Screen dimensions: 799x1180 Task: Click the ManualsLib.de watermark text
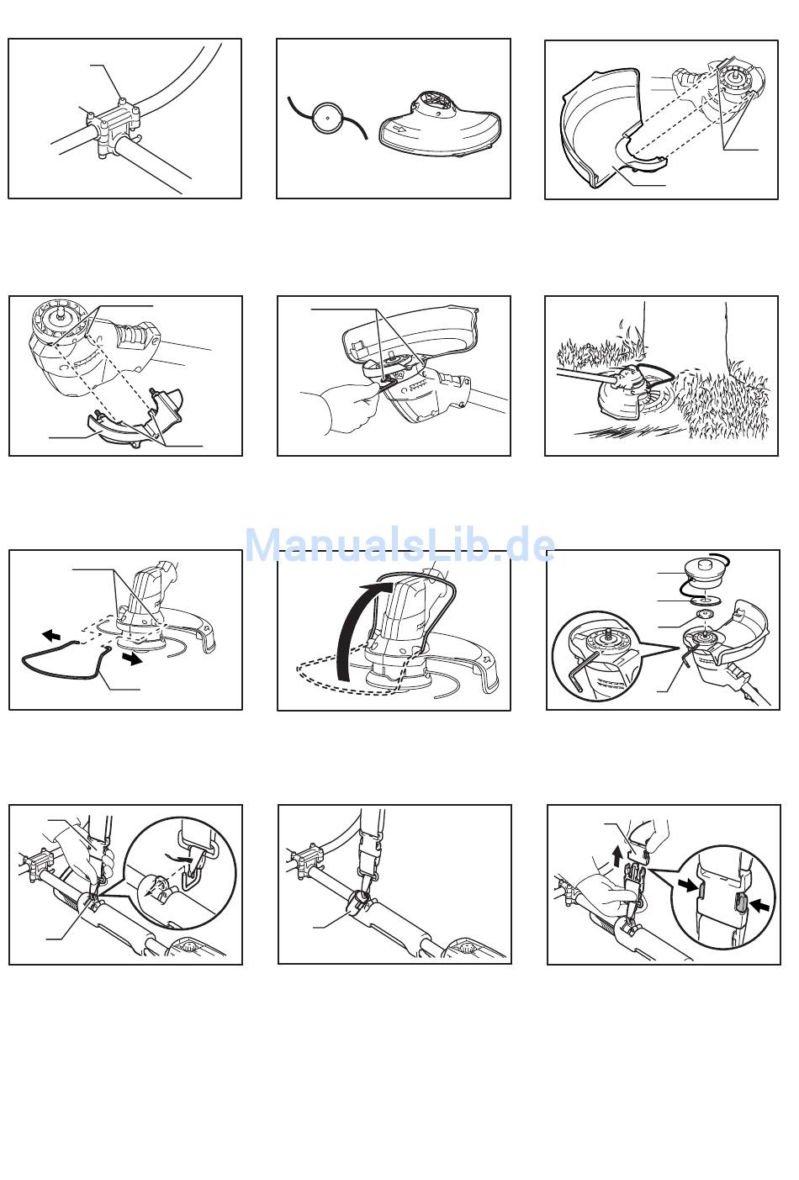(399, 544)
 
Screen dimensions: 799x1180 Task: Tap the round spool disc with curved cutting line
(327, 118)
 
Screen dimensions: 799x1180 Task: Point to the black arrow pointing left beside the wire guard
(51, 635)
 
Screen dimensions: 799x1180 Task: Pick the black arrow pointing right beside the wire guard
(134, 659)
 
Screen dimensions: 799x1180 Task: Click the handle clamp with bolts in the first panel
(114, 125)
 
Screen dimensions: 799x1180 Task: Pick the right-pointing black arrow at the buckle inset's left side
(689, 887)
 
